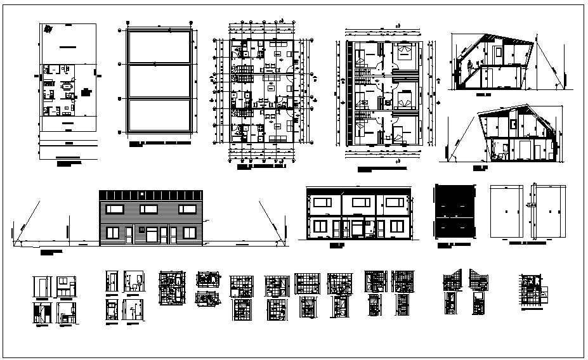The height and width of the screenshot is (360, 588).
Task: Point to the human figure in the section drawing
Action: [470, 67]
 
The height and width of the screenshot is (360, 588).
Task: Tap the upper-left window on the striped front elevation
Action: [115, 209]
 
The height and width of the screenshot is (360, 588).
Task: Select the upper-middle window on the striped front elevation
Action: [149, 209]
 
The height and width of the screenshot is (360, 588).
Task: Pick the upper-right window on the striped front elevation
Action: [185, 209]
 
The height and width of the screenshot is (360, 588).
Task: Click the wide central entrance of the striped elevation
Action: [152, 235]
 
